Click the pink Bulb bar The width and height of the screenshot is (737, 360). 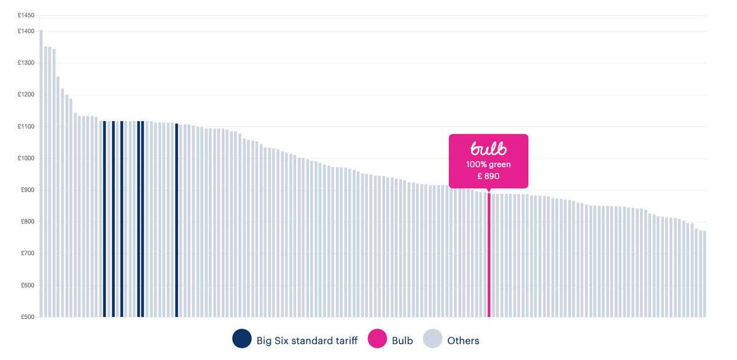489,255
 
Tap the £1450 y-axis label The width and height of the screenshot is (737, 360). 26,15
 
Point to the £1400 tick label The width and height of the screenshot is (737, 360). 26,31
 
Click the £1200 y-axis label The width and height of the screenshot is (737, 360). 26,95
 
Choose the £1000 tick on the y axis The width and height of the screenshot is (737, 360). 26,158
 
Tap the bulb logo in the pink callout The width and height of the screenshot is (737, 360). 488,149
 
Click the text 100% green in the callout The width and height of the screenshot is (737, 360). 488,165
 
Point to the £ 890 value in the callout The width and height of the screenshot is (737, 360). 488,176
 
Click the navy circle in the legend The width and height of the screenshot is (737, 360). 242,339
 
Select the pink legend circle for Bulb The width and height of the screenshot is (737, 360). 377,339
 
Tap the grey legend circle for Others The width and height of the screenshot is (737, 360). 432,339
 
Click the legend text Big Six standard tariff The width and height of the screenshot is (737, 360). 306,340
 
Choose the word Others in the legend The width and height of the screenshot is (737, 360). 463,340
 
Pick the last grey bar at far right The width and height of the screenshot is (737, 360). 704,273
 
